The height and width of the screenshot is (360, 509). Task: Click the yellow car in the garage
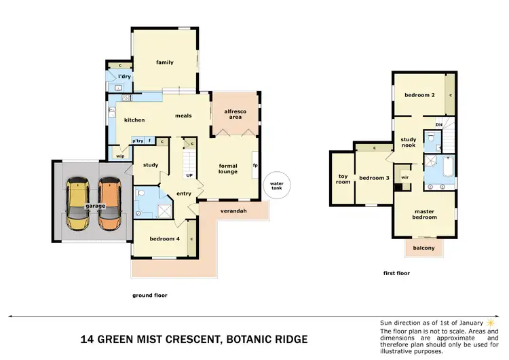click(79, 204)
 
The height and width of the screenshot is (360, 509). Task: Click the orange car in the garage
click(109, 204)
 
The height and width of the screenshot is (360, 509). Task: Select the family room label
click(165, 62)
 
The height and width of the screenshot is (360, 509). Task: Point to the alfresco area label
click(234, 113)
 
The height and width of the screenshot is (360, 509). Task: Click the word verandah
click(233, 211)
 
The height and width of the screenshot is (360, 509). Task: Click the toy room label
click(343, 179)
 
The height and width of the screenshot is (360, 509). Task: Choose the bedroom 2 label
click(420, 95)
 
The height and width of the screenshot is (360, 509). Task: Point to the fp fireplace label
click(255, 164)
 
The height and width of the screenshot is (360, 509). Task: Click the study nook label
click(408, 142)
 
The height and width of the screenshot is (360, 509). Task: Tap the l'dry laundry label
click(124, 77)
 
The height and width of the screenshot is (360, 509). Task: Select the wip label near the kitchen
click(121, 156)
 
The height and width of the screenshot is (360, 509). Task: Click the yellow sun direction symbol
click(490, 321)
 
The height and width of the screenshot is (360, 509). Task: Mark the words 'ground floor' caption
click(149, 295)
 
